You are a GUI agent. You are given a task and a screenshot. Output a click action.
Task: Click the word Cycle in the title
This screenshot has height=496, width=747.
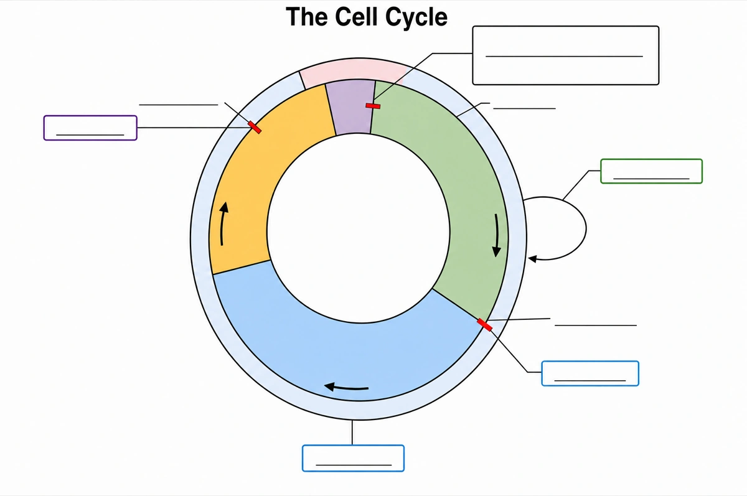(x=416, y=17)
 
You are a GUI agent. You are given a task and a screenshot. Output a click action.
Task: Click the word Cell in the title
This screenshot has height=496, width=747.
(x=357, y=16)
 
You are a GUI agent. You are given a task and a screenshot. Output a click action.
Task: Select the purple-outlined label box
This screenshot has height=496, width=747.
(x=90, y=128)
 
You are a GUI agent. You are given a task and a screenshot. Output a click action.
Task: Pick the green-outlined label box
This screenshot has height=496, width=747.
(x=651, y=171)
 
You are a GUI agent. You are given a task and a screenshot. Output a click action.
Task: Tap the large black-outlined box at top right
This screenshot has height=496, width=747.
(x=566, y=55)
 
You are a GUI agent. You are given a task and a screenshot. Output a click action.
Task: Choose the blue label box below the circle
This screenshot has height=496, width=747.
(x=353, y=458)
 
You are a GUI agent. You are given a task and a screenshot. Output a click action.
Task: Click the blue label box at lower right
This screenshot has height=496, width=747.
(x=590, y=373)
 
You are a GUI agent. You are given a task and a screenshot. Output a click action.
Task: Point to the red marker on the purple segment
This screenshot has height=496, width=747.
(x=373, y=106)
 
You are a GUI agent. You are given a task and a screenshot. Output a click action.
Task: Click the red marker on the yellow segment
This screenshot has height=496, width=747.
(x=255, y=128)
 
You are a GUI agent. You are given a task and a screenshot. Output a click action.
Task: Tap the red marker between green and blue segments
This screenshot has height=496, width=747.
(x=484, y=325)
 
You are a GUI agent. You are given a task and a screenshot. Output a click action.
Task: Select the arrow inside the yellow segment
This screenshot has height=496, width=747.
(x=223, y=223)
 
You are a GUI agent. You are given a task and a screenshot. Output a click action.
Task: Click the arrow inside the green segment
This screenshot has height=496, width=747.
(x=497, y=235)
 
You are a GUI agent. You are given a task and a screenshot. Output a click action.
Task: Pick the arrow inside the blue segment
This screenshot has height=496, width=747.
(x=346, y=387)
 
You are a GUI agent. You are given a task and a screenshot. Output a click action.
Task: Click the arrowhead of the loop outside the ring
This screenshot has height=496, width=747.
(x=533, y=259)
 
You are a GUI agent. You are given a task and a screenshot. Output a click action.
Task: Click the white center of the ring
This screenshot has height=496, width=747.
(x=359, y=228)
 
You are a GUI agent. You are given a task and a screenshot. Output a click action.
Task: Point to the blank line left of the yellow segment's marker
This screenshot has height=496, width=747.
(x=179, y=105)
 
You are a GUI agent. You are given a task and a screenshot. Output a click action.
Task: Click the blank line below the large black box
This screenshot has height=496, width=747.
(x=525, y=108)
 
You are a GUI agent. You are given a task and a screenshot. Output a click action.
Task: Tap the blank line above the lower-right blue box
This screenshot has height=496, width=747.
(x=596, y=325)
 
